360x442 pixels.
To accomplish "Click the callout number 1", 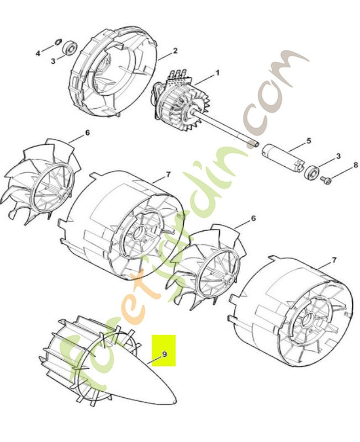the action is click(217, 73).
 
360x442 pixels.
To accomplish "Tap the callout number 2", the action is click(175, 51).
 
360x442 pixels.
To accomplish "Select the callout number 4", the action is click(38, 53).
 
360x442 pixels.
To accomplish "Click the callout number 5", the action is click(309, 140).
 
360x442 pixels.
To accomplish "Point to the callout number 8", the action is click(356, 165).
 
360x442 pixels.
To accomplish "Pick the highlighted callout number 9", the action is click(165, 354).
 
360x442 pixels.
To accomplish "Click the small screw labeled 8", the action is click(325, 180).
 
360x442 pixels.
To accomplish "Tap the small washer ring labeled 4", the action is click(59, 41).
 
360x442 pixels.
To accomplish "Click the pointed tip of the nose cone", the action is click(175, 401).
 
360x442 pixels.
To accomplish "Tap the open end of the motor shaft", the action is click(256, 144).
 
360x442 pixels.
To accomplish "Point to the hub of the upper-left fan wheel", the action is click(63, 194).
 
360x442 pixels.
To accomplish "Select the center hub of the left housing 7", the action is click(140, 233).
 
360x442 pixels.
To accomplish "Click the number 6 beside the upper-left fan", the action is click(87, 132).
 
